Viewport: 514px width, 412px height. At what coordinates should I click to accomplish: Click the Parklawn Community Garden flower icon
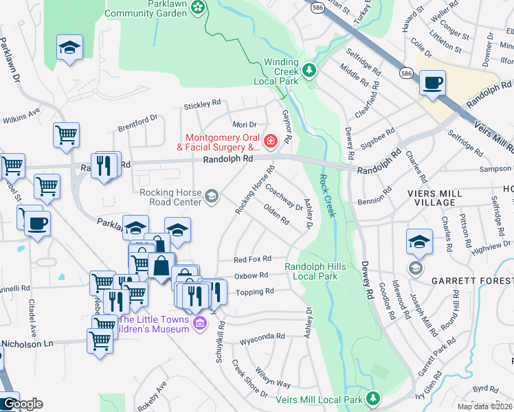click(x=199, y=7)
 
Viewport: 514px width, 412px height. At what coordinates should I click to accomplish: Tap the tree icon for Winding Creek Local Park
click(x=310, y=70)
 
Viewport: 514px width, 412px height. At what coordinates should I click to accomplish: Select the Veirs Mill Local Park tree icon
click(x=373, y=398)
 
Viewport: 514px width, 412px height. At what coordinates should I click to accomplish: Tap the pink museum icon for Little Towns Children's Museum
click(x=200, y=323)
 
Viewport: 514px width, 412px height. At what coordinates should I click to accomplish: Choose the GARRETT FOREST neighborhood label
click(x=471, y=282)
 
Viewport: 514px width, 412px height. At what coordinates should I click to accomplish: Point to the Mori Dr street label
click(x=244, y=124)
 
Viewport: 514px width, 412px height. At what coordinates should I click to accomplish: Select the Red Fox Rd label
click(x=252, y=260)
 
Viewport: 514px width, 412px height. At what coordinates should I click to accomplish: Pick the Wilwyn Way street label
click(x=273, y=380)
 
